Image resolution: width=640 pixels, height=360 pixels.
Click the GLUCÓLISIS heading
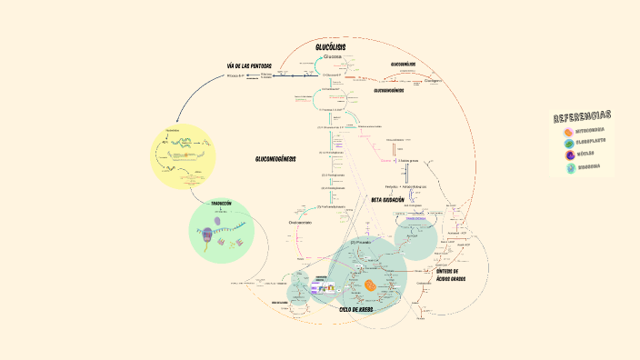point(330,47)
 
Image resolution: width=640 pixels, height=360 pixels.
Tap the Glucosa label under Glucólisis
point(332,56)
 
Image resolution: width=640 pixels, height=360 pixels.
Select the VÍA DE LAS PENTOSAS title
point(249,65)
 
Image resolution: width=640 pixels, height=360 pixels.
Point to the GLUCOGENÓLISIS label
point(403,65)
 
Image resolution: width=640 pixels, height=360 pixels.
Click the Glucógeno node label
point(433,80)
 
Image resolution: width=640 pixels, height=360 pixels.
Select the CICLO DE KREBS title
point(356,309)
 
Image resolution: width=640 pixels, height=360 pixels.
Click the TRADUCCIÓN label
point(221,203)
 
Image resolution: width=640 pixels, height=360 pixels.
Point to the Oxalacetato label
point(300,222)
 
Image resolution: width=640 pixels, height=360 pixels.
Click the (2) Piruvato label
point(360,243)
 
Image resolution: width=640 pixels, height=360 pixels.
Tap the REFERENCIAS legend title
point(582,116)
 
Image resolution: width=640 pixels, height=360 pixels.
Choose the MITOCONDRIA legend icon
point(568,131)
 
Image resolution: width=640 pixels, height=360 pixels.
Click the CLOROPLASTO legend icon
point(568,143)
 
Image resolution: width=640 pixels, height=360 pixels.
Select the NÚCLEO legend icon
point(568,155)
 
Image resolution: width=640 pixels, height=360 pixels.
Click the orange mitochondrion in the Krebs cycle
point(371,285)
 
